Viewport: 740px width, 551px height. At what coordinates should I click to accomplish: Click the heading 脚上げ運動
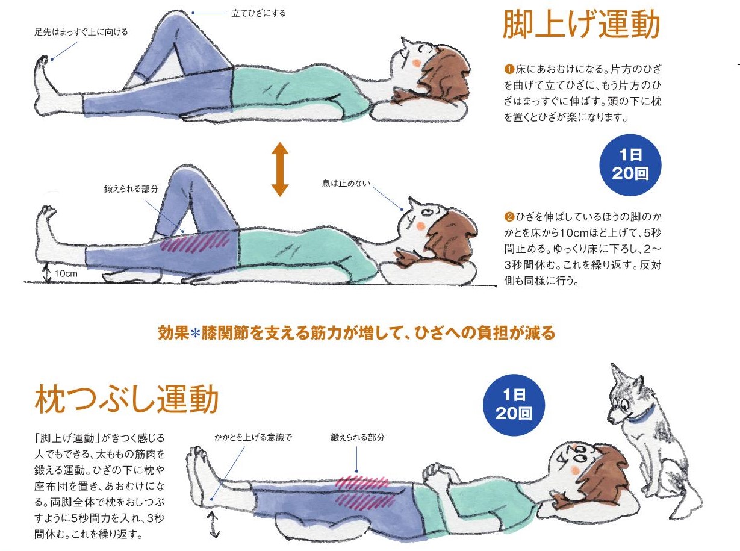pyautogui.click(x=581, y=24)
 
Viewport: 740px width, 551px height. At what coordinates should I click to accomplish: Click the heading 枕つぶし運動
pyautogui.click(x=126, y=399)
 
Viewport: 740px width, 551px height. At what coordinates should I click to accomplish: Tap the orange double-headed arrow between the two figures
pyautogui.click(x=279, y=169)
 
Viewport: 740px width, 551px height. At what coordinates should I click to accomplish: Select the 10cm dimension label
pyautogui.click(x=66, y=273)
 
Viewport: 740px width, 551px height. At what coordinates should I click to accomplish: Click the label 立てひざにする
pyautogui.click(x=258, y=13)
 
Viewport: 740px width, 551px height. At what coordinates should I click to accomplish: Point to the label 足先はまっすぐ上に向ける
pyautogui.click(x=81, y=32)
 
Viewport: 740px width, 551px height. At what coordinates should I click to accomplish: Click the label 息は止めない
pyautogui.click(x=346, y=183)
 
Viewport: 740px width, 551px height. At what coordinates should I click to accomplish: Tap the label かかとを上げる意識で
pyautogui.click(x=253, y=437)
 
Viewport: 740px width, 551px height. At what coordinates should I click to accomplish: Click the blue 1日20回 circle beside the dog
pyautogui.click(x=514, y=405)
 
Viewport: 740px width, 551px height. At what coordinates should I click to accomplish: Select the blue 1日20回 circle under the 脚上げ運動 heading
pyautogui.click(x=630, y=164)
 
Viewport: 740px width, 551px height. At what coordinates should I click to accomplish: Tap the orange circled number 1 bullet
pyautogui.click(x=509, y=69)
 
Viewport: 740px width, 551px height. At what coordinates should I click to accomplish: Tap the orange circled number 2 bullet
pyautogui.click(x=509, y=217)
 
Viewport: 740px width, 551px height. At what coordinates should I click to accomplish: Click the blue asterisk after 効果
pyautogui.click(x=195, y=334)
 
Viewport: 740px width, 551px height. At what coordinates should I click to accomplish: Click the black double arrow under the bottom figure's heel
pyautogui.click(x=214, y=525)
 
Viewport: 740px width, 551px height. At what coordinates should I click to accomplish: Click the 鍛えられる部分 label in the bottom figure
pyautogui.click(x=358, y=437)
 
